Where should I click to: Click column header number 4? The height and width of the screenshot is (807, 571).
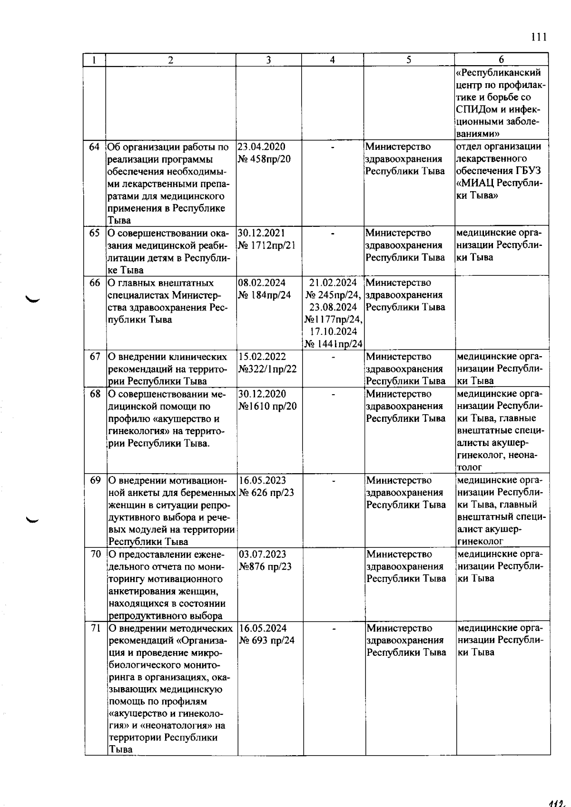332,60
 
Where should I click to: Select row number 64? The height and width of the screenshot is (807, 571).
95,147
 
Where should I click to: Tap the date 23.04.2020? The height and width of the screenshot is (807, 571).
261,147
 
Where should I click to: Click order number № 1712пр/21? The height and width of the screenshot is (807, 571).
267,245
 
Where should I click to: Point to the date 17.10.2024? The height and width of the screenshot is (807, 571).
333,331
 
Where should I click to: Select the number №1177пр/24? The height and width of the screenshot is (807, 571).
334,319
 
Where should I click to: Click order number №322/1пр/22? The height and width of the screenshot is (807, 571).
267,369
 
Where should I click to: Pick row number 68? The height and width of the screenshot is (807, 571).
95,394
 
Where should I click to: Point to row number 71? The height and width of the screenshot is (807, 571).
96,628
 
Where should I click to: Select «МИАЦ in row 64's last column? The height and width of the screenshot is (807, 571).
476,184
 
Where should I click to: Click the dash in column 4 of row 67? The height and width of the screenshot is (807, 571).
333,357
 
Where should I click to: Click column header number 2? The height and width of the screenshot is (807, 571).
170,60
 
